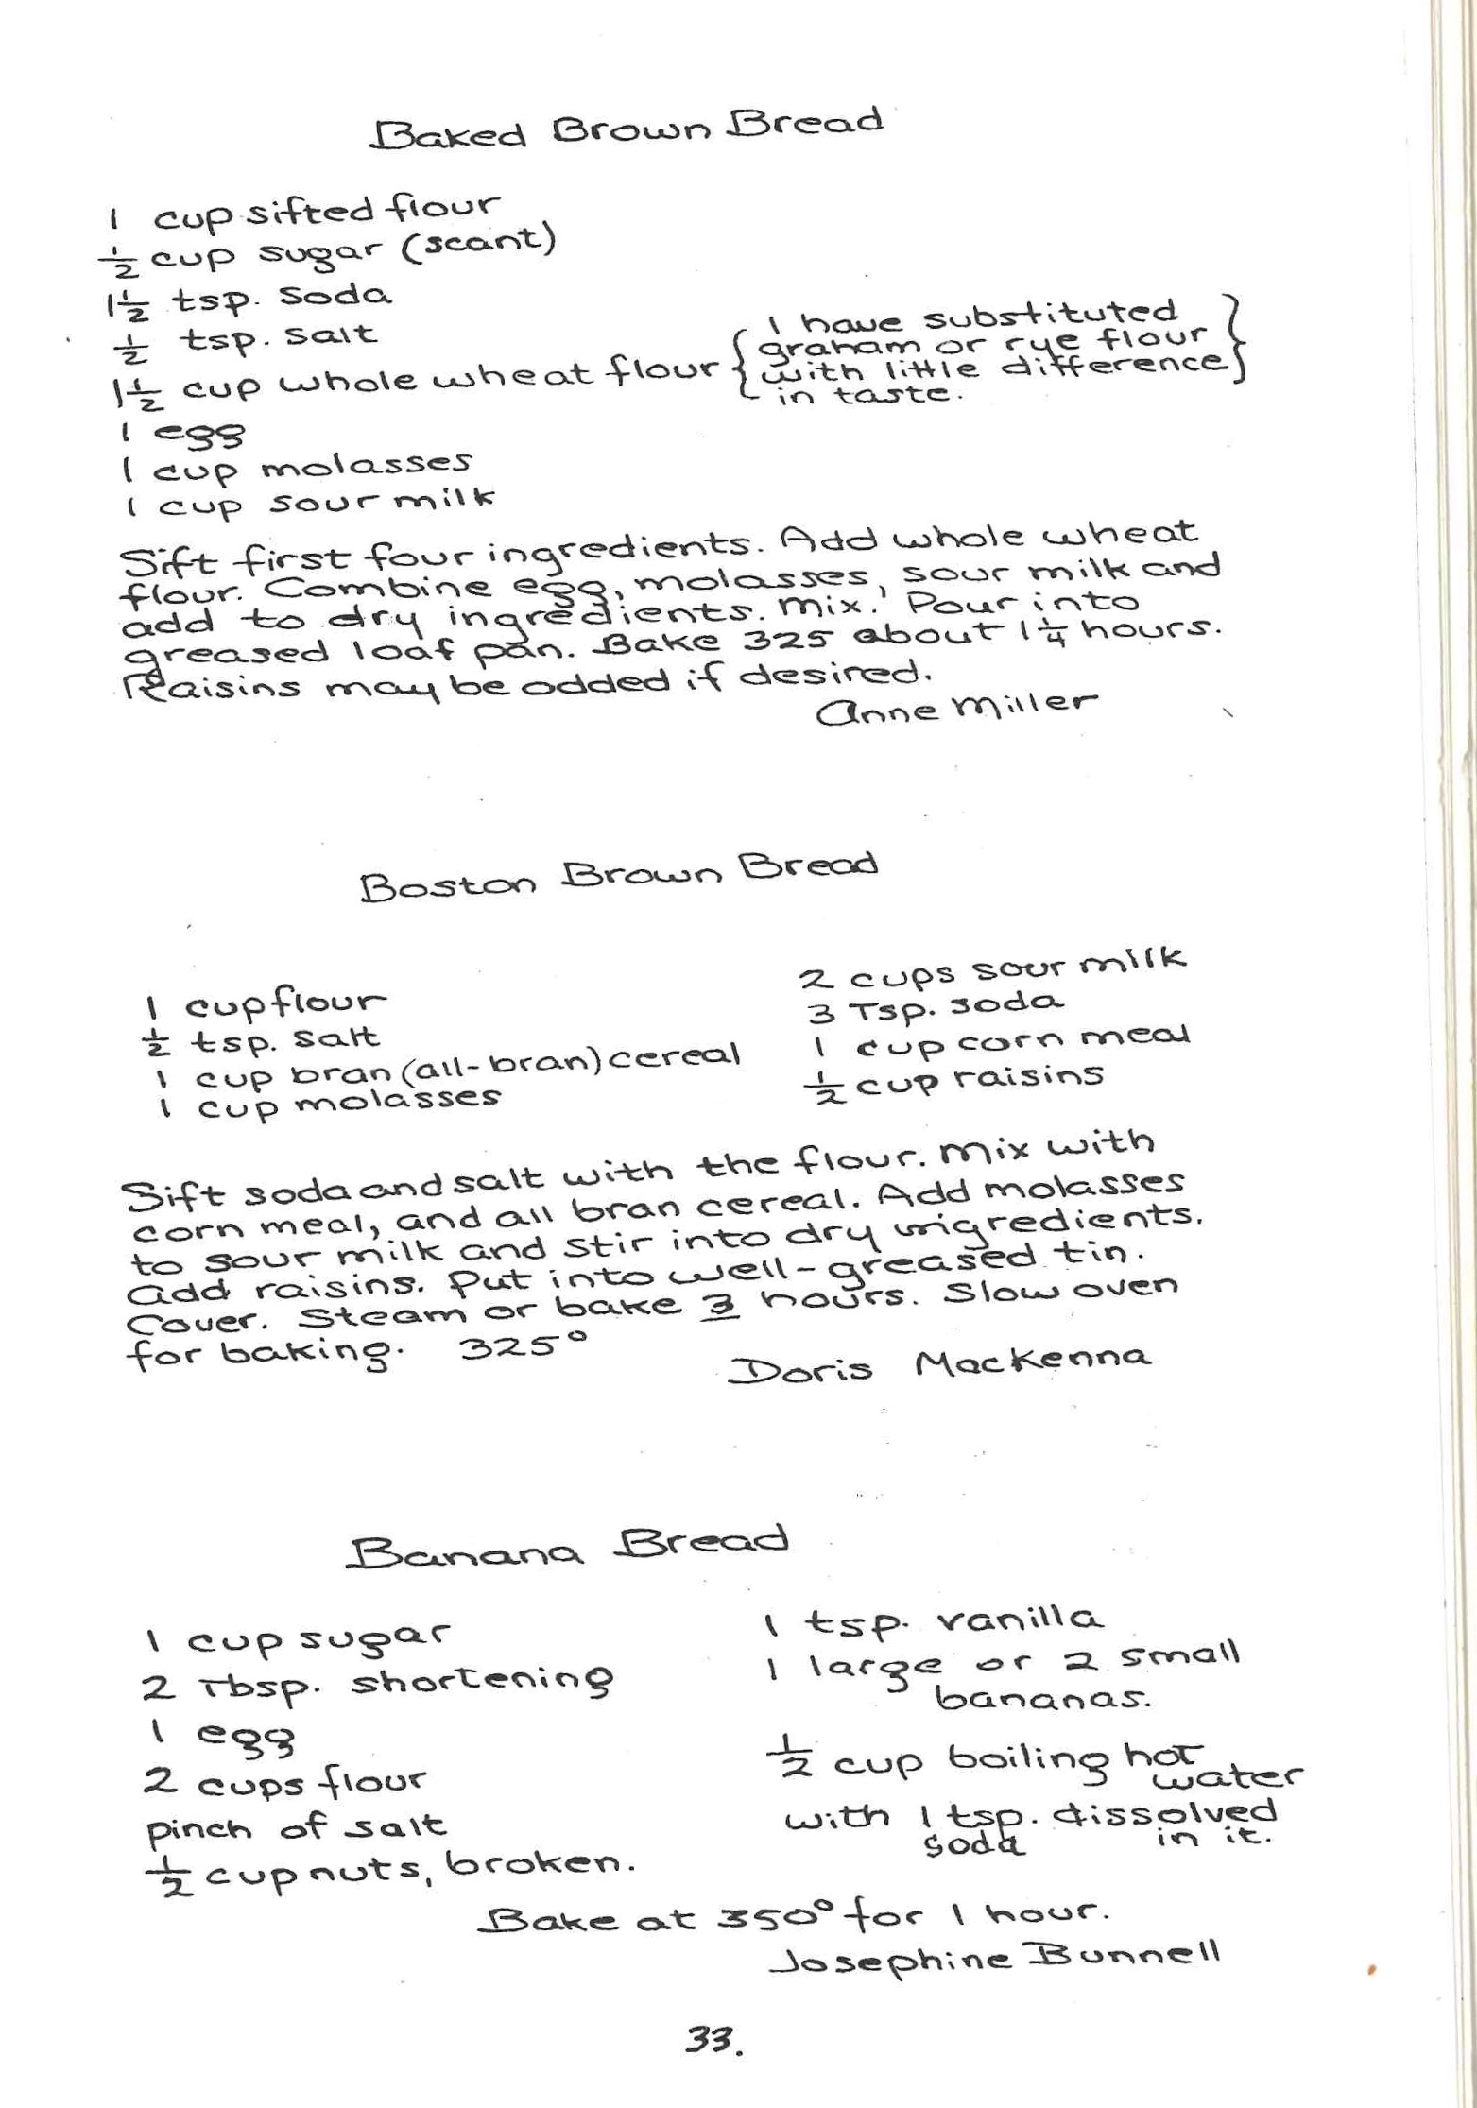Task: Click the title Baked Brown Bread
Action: [x=627, y=129]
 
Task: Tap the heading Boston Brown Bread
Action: [x=619, y=875]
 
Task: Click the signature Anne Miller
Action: [x=956, y=707]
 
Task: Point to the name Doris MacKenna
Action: [x=939, y=1364]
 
